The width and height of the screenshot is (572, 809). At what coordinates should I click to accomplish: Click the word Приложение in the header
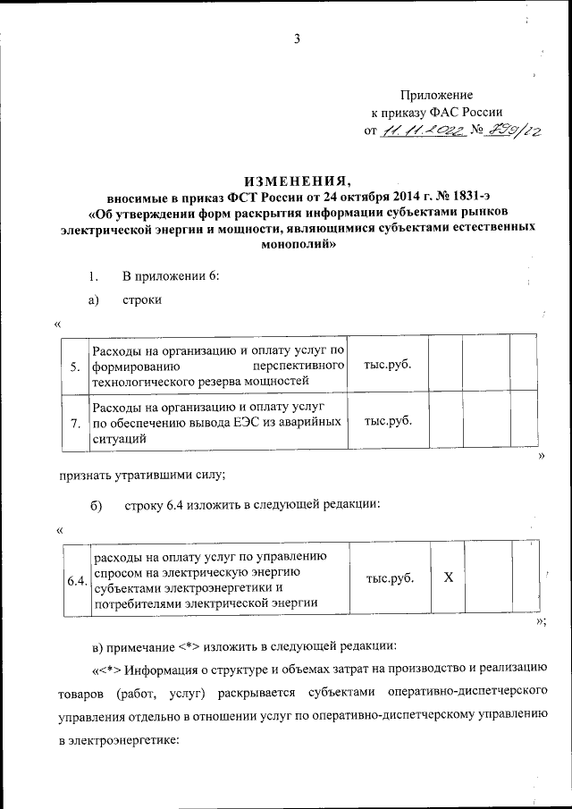[x=435, y=95]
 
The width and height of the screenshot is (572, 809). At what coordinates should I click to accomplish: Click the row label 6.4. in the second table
[x=77, y=581]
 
